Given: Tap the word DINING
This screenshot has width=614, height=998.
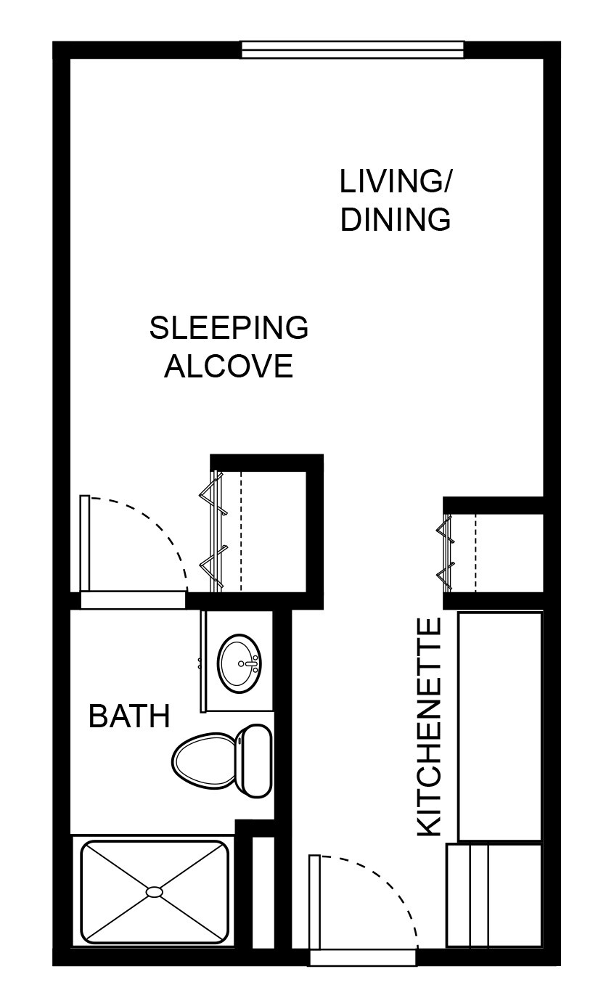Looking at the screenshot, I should tap(396, 219).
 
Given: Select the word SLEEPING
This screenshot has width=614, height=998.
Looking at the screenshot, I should tap(229, 328).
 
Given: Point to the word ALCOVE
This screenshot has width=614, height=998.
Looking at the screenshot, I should tap(229, 366).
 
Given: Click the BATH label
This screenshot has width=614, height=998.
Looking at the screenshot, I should tap(129, 716).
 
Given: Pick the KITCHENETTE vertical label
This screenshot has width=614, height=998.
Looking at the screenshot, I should tap(429, 727).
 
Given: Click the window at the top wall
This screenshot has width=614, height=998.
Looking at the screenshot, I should tap(352, 49).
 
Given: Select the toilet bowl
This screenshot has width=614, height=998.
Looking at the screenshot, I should tap(202, 760).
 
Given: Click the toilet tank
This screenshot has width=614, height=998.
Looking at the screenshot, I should tap(254, 760).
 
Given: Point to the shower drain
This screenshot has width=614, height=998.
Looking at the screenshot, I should tap(155, 891).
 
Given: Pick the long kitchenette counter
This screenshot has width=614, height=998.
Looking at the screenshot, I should tap(500, 726).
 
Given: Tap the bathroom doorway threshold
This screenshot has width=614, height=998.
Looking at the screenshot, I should tap(133, 600).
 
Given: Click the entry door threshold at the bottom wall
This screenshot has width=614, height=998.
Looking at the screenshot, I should tap(362, 957).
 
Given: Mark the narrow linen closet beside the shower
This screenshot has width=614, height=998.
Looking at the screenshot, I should tap(263, 893).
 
